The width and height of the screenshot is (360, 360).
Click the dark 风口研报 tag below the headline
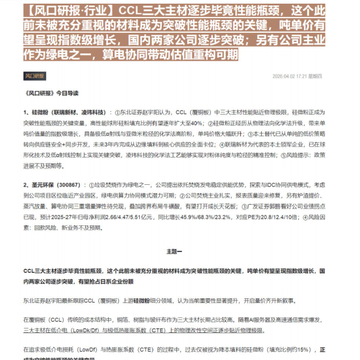(35, 76)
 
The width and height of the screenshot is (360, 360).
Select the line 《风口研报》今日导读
(53, 93)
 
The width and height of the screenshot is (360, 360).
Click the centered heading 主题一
(179, 251)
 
